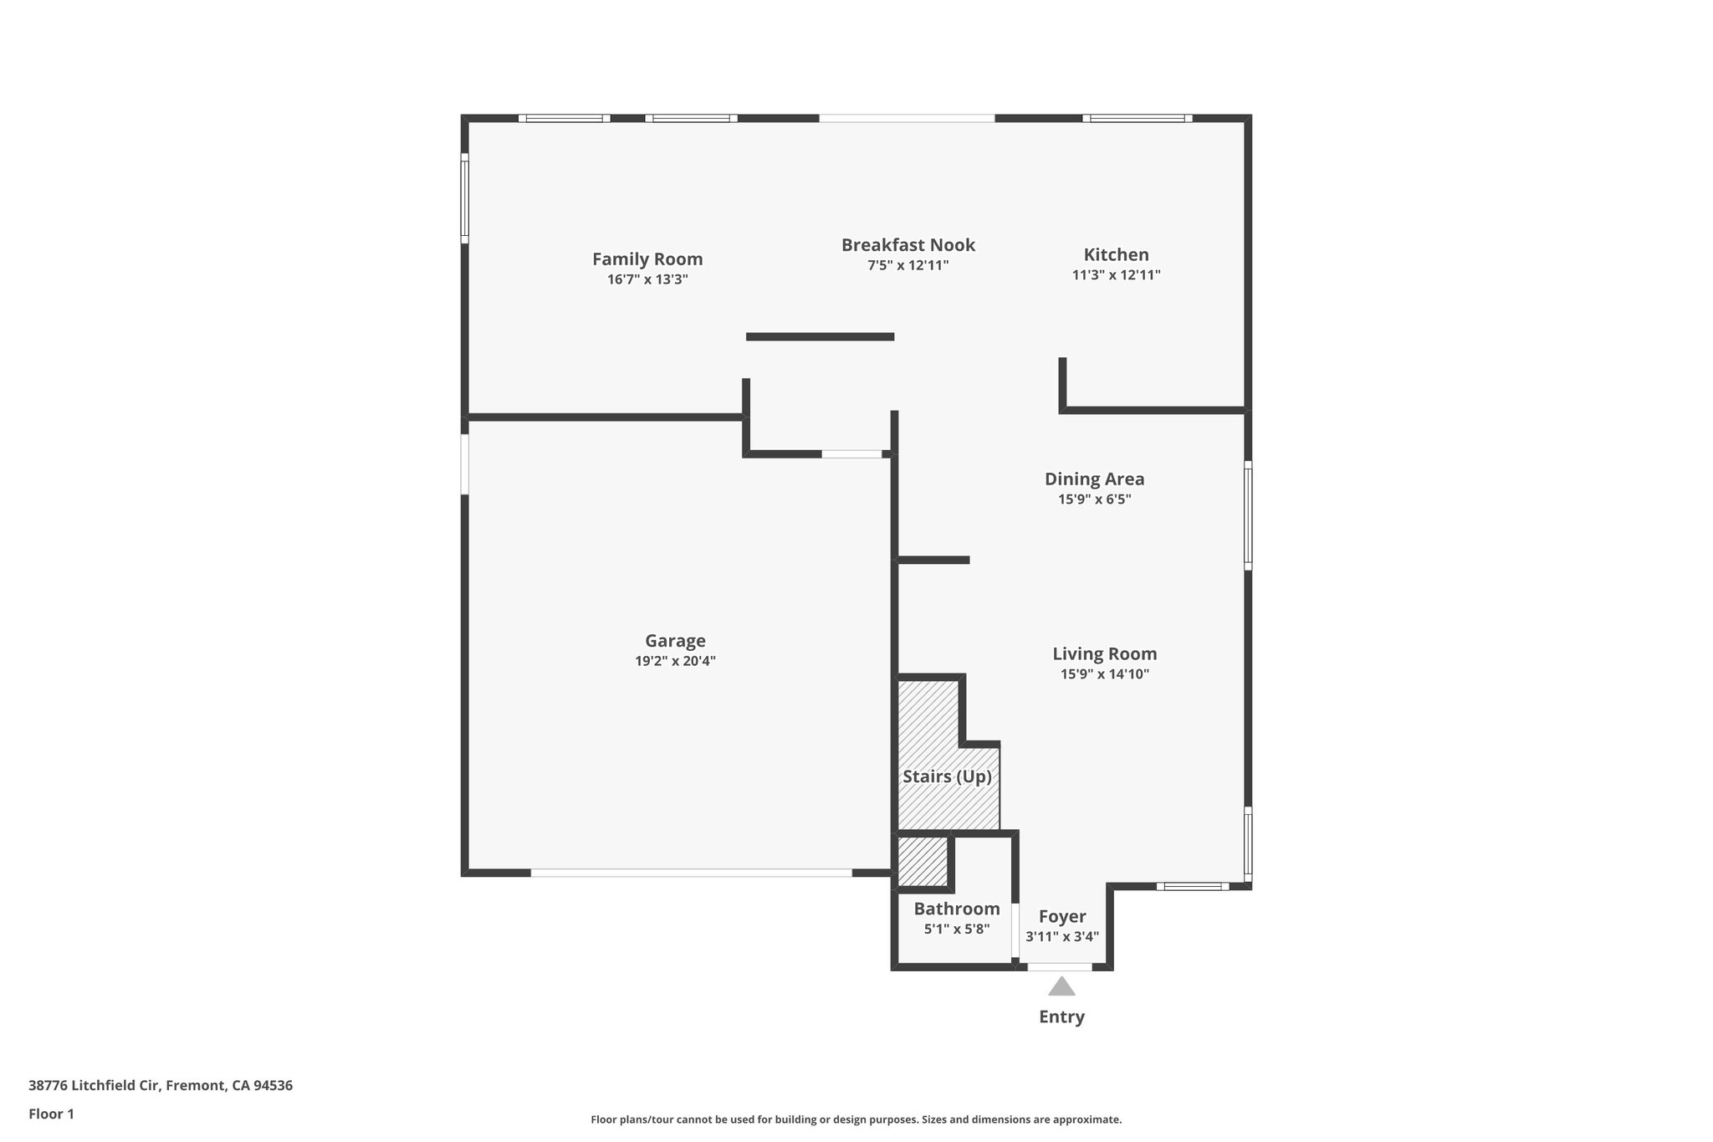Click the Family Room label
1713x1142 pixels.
pyautogui.click(x=647, y=259)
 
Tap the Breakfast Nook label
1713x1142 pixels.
pyautogui.click(x=908, y=245)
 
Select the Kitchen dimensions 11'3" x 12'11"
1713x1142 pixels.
pyautogui.click(x=1116, y=275)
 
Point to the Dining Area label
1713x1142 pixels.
pyautogui.click(x=1094, y=479)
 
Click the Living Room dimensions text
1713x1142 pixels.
pyautogui.click(x=1104, y=674)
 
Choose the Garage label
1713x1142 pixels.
pyautogui.click(x=675, y=641)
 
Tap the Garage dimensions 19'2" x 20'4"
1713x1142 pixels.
pyautogui.click(x=675, y=661)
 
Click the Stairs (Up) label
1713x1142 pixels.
pyautogui.click(x=947, y=776)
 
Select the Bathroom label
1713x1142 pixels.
pyautogui.click(x=956, y=909)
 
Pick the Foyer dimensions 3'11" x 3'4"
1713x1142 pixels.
pyautogui.click(x=1062, y=937)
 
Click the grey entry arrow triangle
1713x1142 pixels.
pyautogui.click(x=1061, y=987)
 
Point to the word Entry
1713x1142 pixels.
pyautogui.click(x=1061, y=1017)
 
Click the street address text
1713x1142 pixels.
pyautogui.click(x=161, y=1086)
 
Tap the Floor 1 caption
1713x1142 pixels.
pyautogui.click(x=51, y=1114)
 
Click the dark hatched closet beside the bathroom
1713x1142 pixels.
pyautogui.click(x=923, y=861)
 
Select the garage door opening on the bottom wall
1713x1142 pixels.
pyautogui.click(x=691, y=873)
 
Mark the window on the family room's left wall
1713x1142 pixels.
pyautogui.click(x=465, y=198)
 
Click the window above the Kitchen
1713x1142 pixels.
pyautogui.click(x=1138, y=118)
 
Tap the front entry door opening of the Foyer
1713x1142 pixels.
pyautogui.click(x=1060, y=967)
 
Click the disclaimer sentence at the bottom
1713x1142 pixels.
pyautogui.click(x=856, y=1119)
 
